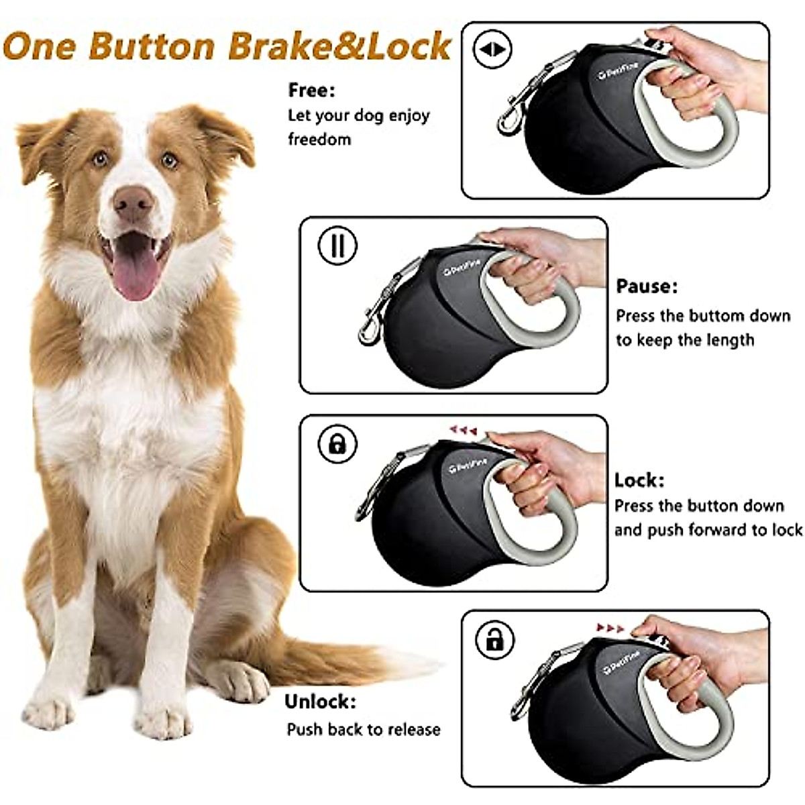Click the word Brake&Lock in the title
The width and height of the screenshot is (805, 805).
coord(339,46)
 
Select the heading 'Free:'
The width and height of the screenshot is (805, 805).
coord(311,90)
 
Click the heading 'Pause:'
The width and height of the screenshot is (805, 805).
coord(647,286)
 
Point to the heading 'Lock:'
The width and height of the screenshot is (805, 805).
coord(639,480)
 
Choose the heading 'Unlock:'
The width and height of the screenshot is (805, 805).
coord(320,702)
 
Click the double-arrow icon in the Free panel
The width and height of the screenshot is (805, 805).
coord(492,50)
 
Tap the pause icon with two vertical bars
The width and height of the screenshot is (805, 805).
coord(337,245)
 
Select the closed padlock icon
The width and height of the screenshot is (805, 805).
coord(337,443)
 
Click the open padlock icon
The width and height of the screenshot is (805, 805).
coord(494,640)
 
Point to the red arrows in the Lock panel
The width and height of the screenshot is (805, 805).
coord(463,429)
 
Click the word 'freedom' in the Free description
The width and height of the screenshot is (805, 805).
coord(319,140)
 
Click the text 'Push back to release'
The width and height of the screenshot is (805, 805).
coord(364,729)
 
